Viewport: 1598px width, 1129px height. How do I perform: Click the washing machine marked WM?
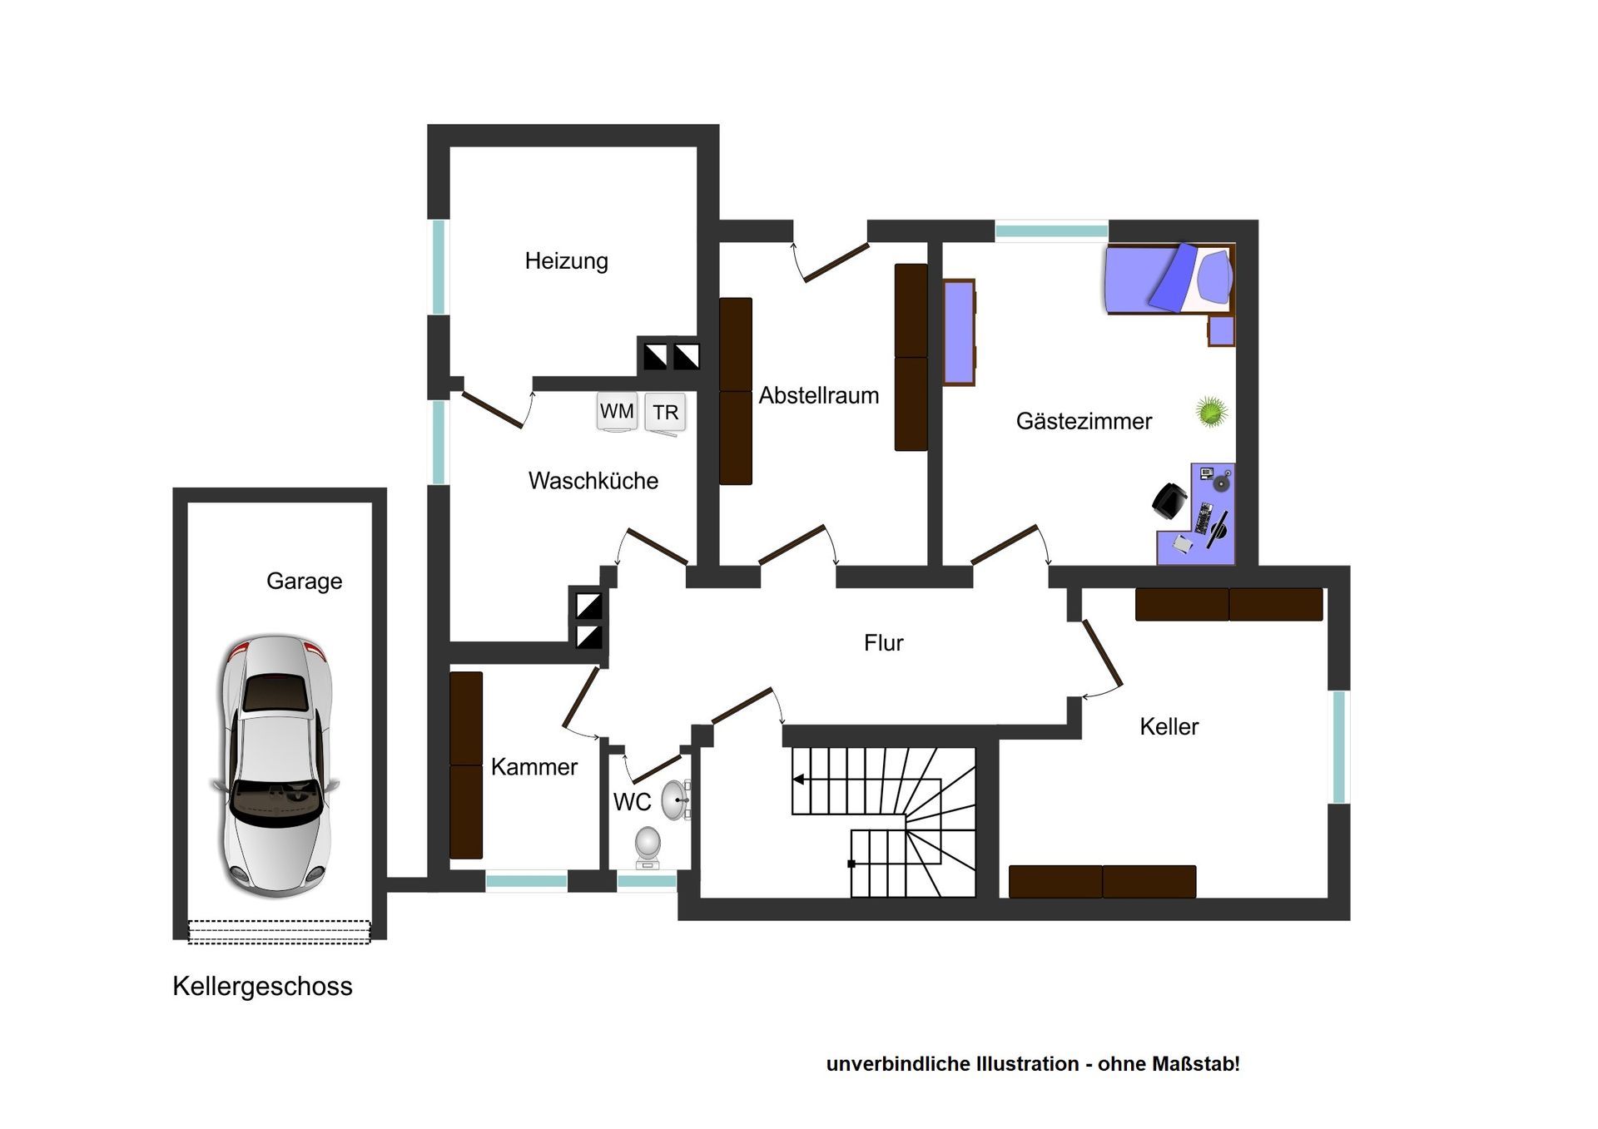(617, 412)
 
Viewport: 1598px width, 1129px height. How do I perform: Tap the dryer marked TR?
(665, 413)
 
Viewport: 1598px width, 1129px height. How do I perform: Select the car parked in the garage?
(276, 765)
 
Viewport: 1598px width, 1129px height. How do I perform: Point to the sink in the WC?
(675, 800)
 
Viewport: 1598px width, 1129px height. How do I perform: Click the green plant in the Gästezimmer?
(1212, 411)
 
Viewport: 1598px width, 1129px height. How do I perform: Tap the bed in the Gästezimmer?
(1169, 279)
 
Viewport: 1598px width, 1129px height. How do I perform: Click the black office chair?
(1169, 502)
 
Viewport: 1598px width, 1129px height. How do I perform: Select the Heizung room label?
(566, 261)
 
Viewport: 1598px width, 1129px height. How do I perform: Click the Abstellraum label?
(819, 395)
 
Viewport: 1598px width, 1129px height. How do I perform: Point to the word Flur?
(883, 642)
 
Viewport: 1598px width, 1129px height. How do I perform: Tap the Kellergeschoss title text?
(262, 987)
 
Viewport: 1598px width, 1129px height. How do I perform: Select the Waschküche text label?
(593, 481)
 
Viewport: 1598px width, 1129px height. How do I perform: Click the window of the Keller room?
(1339, 747)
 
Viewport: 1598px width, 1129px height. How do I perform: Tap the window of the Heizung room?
(439, 267)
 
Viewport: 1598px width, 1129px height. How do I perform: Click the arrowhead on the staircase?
(798, 780)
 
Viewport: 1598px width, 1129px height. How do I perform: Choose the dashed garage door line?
(279, 932)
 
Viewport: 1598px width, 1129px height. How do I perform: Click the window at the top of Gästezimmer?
(1051, 230)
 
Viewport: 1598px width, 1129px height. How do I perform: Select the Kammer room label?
(533, 767)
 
